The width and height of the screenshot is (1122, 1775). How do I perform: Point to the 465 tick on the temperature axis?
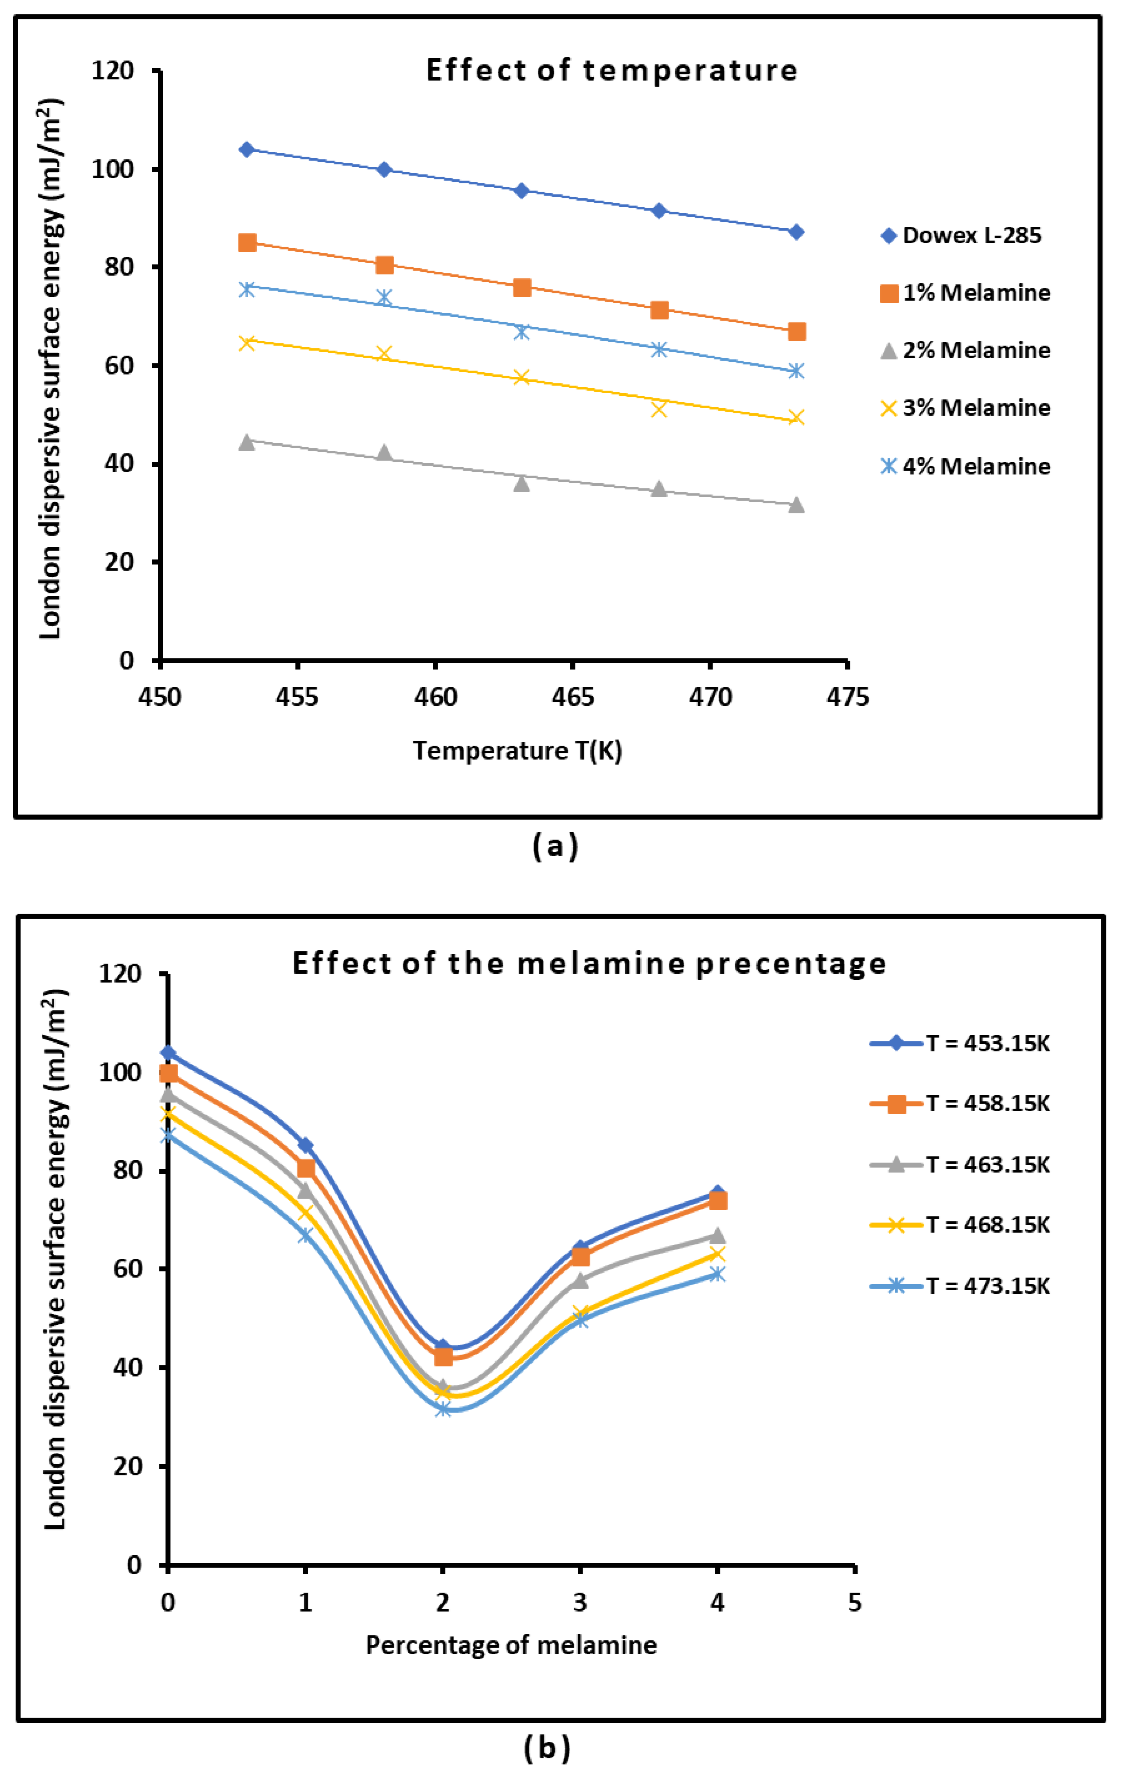click(x=572, y=697)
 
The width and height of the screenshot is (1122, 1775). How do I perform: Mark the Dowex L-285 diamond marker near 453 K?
click(x=247, y=150)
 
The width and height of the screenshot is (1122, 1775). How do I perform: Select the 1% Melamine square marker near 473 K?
click(x=796, y=332)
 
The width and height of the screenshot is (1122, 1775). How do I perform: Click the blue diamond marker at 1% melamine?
click(x=305, y=1146)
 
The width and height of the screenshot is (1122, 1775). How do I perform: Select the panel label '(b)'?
click(x=547, y=1748)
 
